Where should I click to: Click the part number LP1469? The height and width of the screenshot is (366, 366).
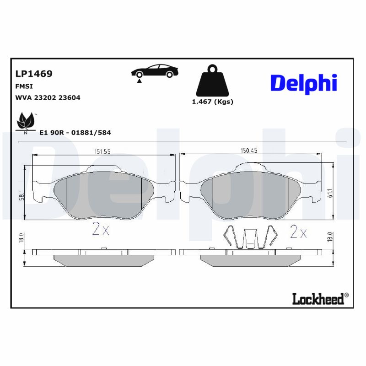click(34, 74)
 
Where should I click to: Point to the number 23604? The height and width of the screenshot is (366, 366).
click(68, 97)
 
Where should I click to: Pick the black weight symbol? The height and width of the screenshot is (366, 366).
click(212, 82)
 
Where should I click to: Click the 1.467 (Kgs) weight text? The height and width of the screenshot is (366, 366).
click(212, 102)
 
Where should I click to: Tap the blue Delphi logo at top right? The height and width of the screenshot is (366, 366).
click(304, 83)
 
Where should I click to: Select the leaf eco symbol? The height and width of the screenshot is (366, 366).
click(26, 122)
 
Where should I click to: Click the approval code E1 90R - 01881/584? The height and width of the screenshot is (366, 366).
click(75, 132)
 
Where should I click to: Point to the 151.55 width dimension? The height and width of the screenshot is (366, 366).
click(103, 151)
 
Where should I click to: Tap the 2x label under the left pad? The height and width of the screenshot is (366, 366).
click(101, 230)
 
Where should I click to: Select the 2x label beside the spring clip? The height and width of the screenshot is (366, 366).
click(298, 232)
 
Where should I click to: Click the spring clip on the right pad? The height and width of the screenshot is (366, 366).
click(249, 238)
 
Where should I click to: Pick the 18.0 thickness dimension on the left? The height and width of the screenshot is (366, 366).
click(21, 239)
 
